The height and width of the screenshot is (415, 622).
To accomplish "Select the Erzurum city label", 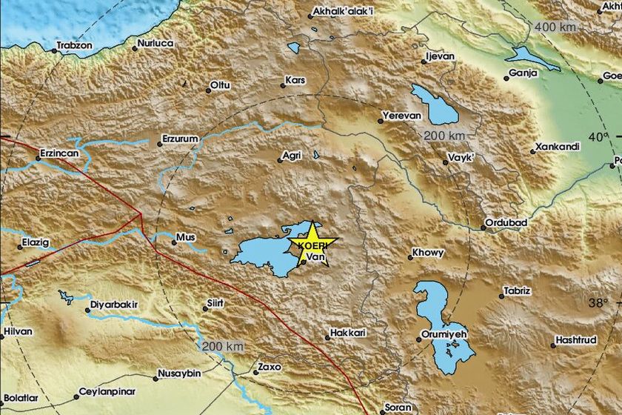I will pyautogui.click(x=181, y=138).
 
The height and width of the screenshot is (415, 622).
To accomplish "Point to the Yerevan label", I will pyautogui.click(x=401, y=116).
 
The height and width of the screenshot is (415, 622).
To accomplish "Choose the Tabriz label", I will pyautogui.click(x=517, y=291).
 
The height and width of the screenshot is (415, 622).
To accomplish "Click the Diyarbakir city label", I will pyautogui.click(x=115, y=304).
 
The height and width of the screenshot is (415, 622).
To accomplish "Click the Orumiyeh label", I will pyautogui.click(x=447, y=334).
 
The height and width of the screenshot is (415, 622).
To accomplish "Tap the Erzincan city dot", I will pyautogui.click(x=38, y=159).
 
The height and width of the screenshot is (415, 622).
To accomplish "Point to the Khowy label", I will pyautogui.click(x=429, y=253).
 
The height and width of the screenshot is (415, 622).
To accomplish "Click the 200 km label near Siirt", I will pyautogui.click(x=223, y=347).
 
